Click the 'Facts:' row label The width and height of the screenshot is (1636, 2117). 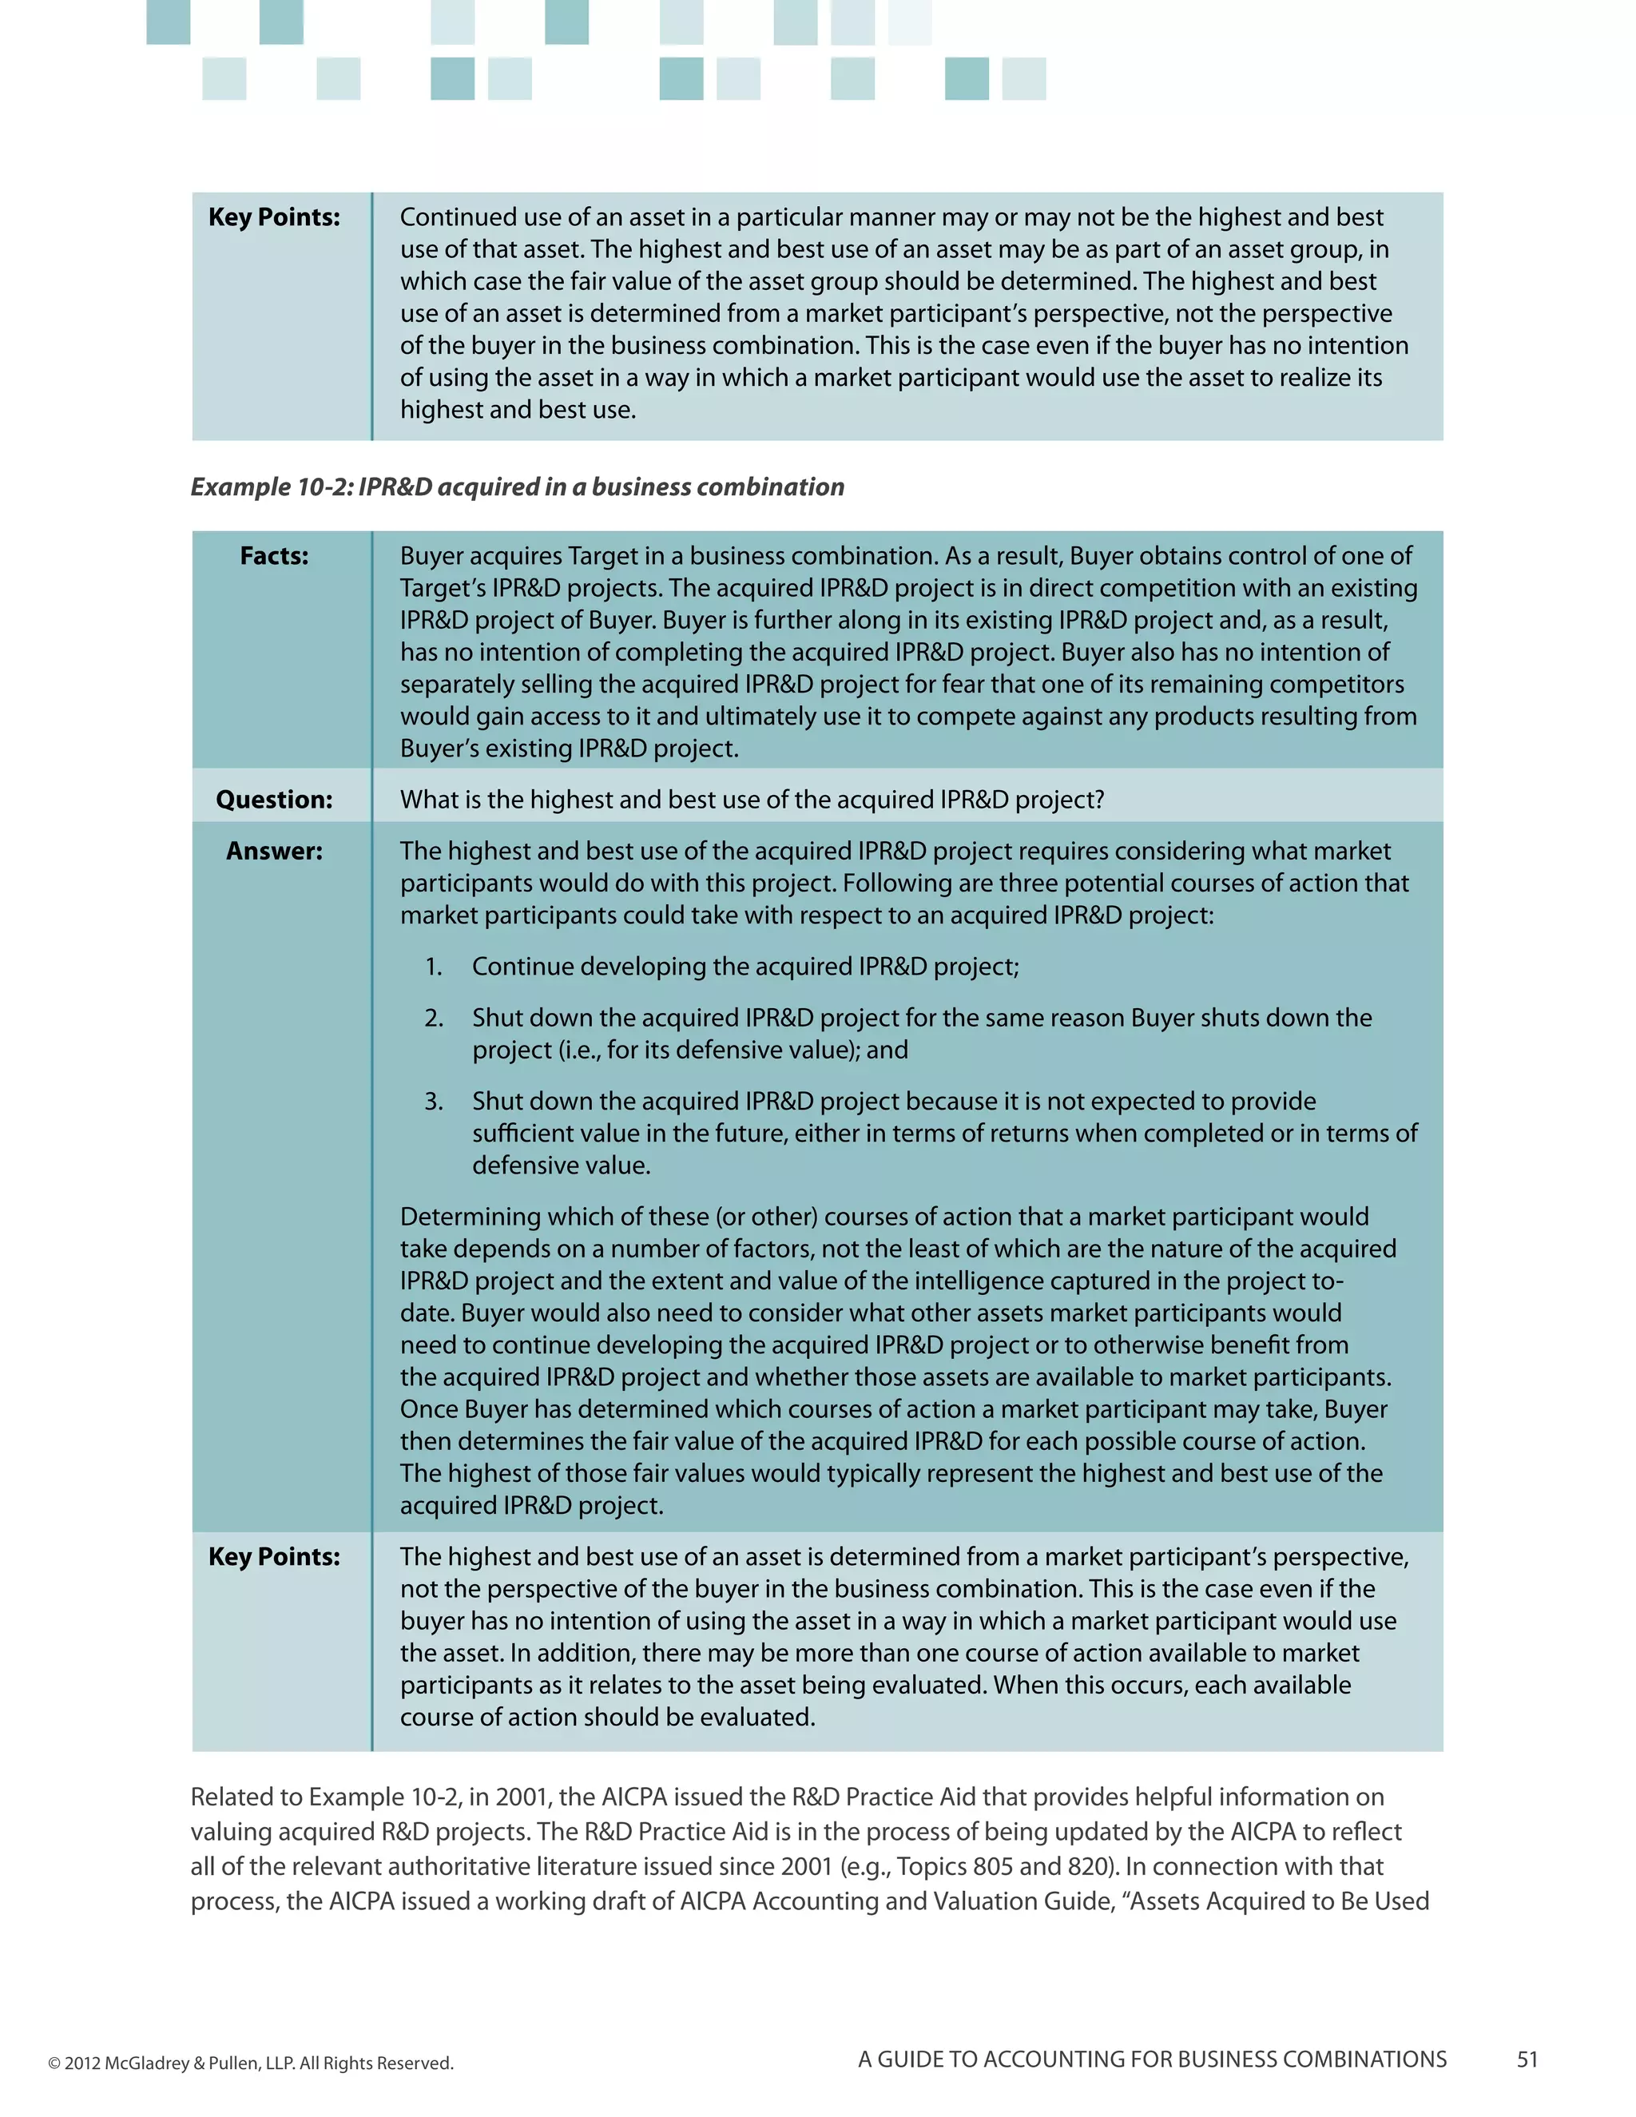(x=274, y=556)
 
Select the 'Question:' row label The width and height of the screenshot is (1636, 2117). (x=274, y=800)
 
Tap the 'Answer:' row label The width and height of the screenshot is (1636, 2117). (x=274, y=851)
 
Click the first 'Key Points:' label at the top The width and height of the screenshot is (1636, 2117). (x=274, y=217)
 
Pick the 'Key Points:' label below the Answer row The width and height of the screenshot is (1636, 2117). (x=274, y=1557)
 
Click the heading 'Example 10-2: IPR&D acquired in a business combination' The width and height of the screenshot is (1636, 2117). (x=517, y=487)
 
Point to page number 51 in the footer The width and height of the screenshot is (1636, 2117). (x=1527, y=2059)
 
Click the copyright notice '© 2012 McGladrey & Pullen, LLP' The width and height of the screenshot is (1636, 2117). (x=250, y=2063)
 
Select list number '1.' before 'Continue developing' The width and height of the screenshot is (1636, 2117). (x=433, y=967)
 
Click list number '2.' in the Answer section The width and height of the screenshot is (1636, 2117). (x=433, y=1018)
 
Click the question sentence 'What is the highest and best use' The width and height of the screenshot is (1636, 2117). (x=751, y=800)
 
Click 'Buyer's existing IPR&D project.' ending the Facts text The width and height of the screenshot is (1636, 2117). (x=569, y=749)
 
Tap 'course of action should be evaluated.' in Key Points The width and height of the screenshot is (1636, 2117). (x=607, y=1717)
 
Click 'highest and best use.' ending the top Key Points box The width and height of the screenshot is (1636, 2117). (x=518, y=409)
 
